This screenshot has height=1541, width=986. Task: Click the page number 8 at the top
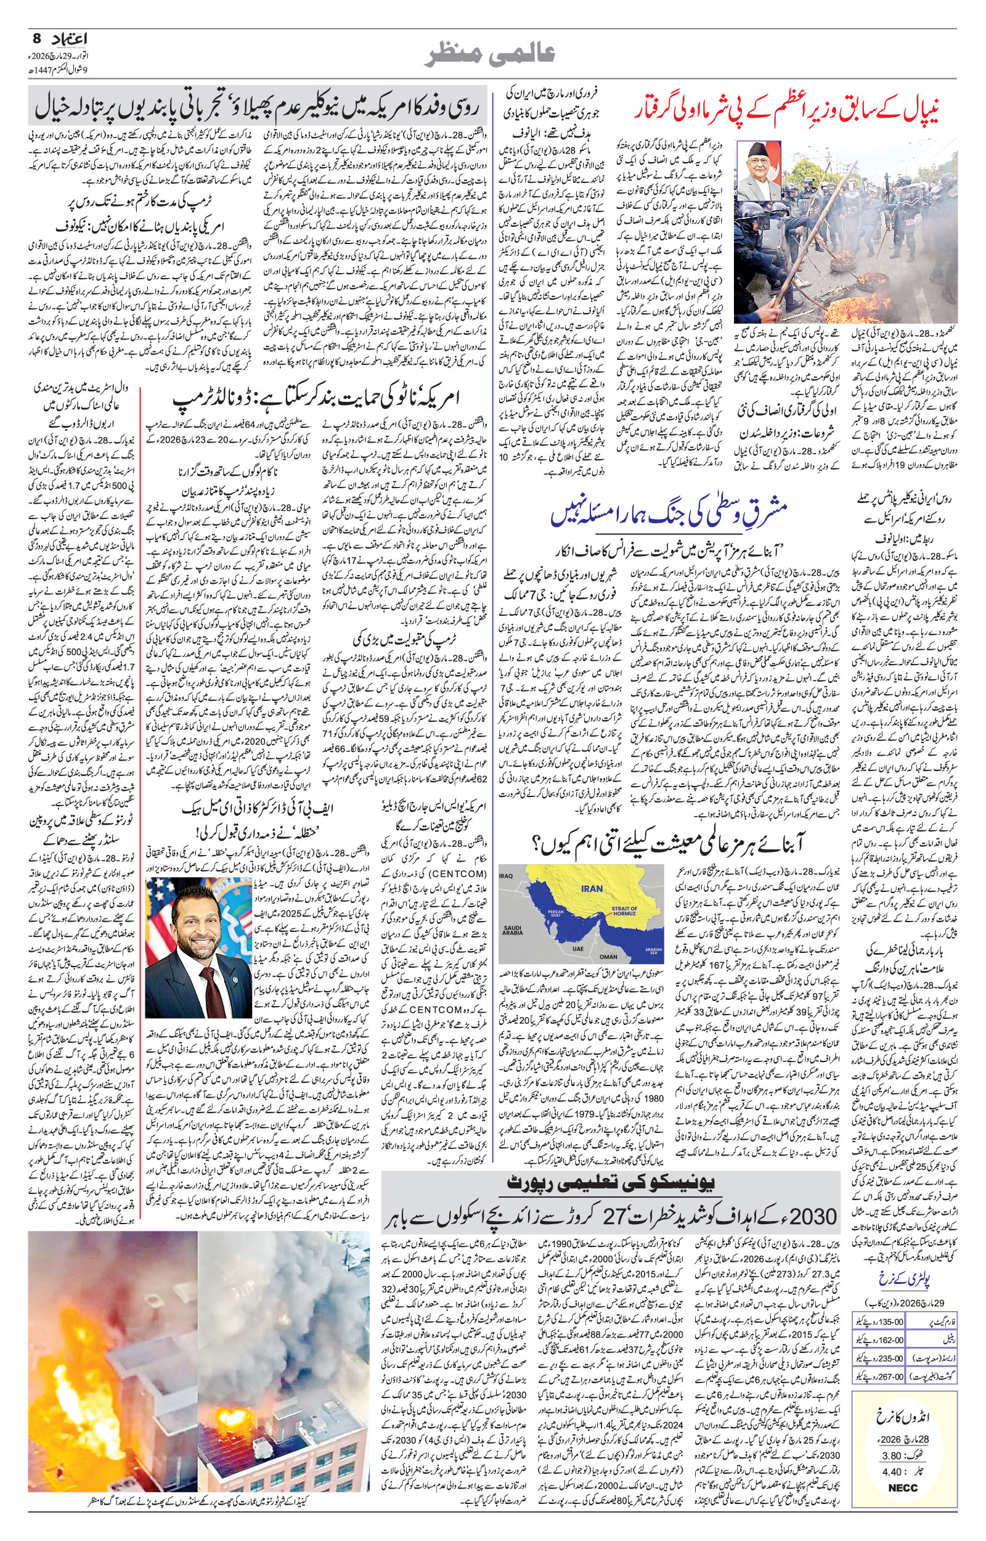click(x=36, y=39)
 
